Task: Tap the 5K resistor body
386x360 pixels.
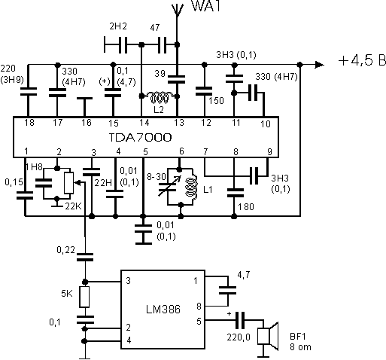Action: click(85, 295)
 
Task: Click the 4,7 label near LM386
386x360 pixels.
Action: click(243, 276)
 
